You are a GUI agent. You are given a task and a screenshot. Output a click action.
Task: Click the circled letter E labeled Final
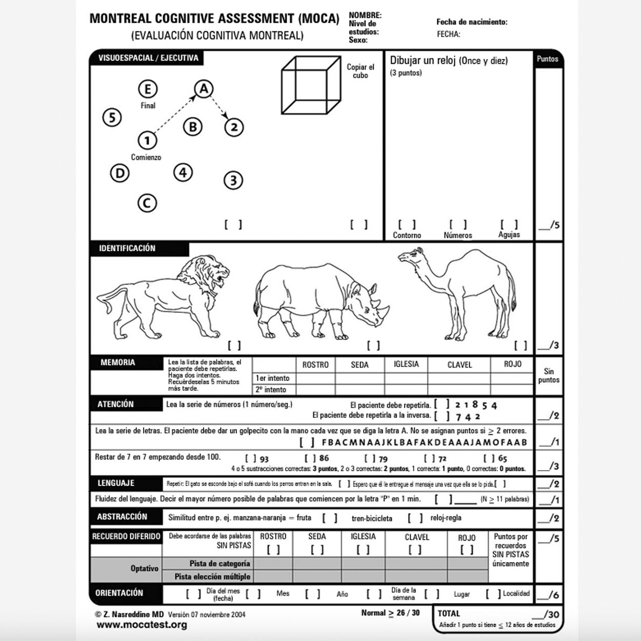point(148,89)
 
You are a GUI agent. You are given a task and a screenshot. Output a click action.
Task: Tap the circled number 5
point(112,117)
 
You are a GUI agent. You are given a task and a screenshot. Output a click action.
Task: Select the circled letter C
point(147,203)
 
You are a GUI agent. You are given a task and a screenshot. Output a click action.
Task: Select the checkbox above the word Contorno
point(407,225)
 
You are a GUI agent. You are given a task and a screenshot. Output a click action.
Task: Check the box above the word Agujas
point(509,225)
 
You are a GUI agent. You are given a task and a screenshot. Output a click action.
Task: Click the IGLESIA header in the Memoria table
point(406,364)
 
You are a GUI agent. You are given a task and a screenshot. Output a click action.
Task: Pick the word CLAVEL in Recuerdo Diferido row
point(416,537)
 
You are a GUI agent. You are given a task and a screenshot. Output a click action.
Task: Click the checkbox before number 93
point(251,458)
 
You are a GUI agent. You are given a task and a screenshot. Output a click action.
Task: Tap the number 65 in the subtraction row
point(502,458)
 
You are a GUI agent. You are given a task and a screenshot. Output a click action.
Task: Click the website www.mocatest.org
point(142,625)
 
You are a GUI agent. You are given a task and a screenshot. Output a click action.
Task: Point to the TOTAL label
point(449,613)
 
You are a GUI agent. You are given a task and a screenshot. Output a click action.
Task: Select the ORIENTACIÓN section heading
point(119,593)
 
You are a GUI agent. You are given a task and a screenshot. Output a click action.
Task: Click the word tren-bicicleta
point(372,518)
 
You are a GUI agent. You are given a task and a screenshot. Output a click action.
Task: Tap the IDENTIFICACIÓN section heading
point(127,248)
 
